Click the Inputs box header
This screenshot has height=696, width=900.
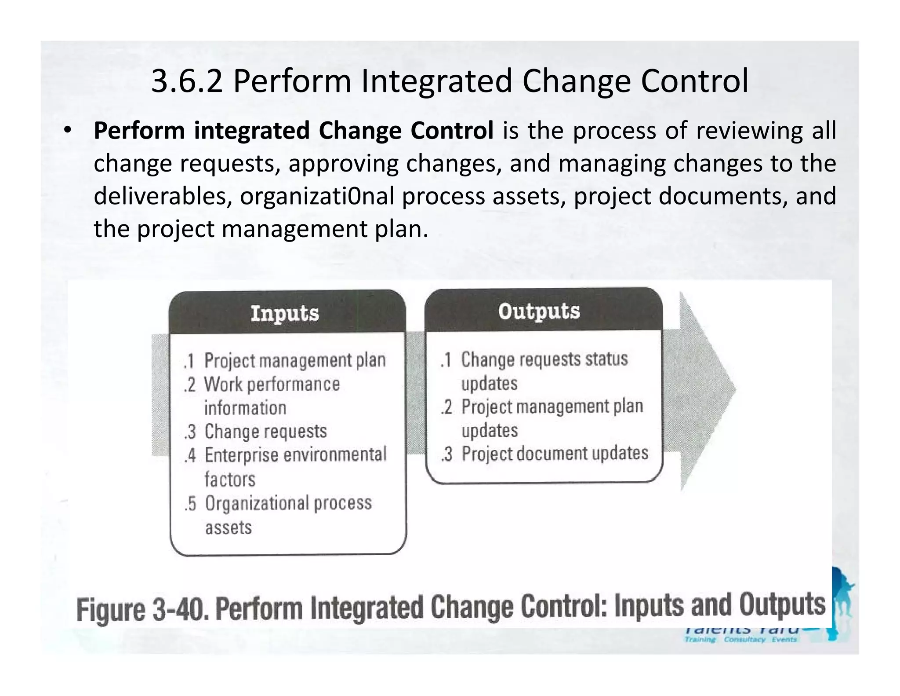[x=285, y=313]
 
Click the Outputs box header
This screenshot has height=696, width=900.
[x=539, y=311]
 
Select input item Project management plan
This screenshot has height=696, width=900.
[x=295, y=360]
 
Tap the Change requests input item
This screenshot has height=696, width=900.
[x=265, y=431]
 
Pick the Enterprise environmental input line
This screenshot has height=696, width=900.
[x=295, y=455]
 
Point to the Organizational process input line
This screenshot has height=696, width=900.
[x=288, y=503]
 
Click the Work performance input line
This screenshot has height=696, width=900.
[x=272, y=384]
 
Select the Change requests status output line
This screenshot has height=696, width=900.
[x=544, y=359]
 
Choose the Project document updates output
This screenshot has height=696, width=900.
[x=555, y=454]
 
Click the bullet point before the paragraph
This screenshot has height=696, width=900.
[x=67, y=131]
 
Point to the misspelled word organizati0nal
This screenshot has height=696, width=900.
[x=317, y=196]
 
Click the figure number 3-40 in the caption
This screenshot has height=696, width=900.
[x=179, y=609]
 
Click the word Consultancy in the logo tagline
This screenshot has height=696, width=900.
[x=744, y=639]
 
